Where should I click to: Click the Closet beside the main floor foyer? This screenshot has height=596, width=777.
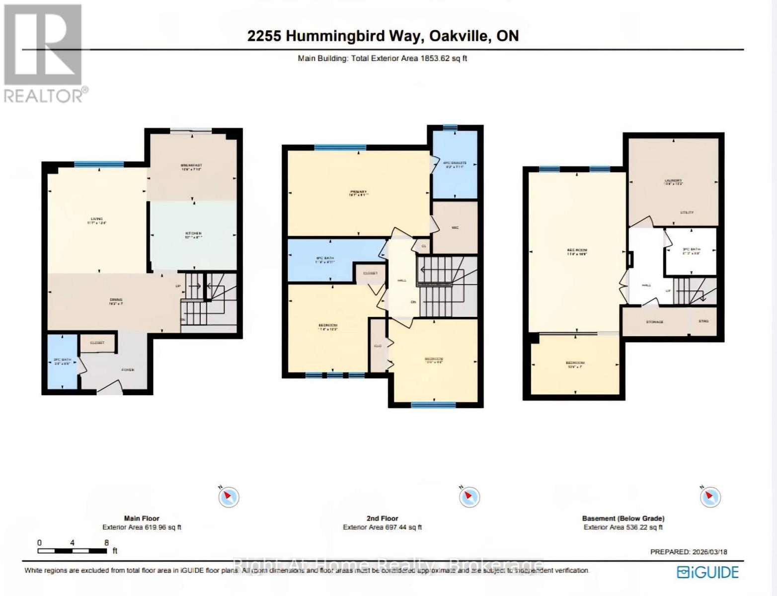point(97,343)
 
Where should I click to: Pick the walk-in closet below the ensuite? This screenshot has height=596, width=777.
point(455,227)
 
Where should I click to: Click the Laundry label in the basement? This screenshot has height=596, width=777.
point(673,181)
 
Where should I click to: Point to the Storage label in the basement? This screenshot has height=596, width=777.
point(654,322)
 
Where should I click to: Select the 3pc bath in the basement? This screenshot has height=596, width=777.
point(691,251)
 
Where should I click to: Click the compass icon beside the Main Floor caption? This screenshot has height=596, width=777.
point(229,497)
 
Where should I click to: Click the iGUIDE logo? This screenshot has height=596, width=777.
point(708,572)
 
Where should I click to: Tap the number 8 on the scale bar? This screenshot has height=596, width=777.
point(106,543)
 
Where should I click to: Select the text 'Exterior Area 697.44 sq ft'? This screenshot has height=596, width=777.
point(382,527)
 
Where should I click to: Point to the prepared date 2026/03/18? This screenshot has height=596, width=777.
point(709,552)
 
